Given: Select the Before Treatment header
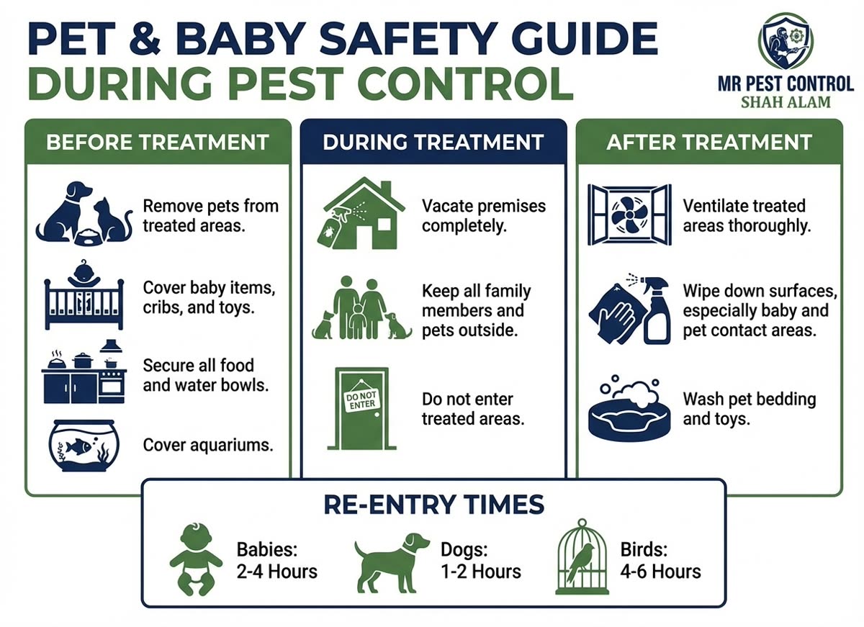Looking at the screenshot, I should (158, 142).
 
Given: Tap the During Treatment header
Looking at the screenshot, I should (433, 142).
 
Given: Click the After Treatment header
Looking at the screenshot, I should (709, 142).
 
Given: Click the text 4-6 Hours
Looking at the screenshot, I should (660, 572).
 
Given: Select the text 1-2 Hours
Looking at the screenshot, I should (480, 572).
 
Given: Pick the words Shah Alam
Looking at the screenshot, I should (786, 102).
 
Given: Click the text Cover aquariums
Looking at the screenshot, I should (208, 445).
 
